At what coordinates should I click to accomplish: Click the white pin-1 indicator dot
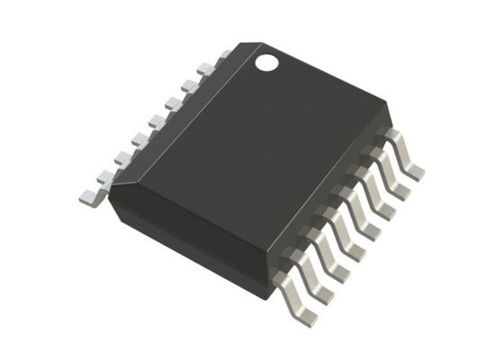tap(267, 62)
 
